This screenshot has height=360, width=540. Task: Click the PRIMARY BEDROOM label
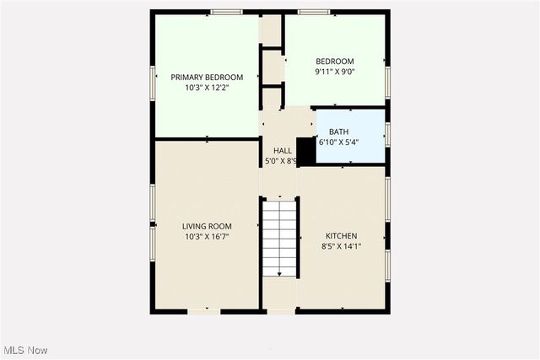[207, 77]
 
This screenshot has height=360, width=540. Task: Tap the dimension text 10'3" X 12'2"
[207, 87]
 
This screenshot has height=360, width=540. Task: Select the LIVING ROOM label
[207, 226]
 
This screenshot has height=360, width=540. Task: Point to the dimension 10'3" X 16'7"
[207, 237]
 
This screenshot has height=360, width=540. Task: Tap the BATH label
[338, 132]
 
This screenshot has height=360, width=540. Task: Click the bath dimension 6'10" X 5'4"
[338, 142]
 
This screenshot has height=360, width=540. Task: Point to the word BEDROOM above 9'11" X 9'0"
[335, 61]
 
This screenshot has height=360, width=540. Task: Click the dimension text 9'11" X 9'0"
[335, 72]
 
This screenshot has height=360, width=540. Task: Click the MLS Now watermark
[24, 350]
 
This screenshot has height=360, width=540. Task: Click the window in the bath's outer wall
[387, 134]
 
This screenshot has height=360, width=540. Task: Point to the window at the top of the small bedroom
[313, 12]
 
